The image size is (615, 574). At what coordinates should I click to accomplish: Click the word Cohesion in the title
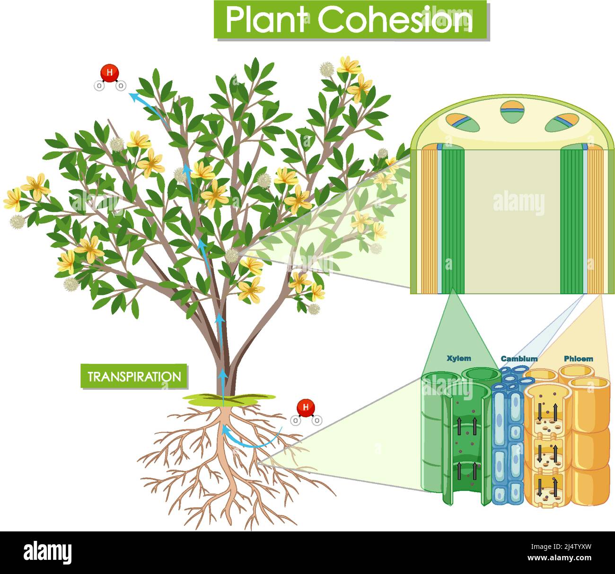pos(395,20)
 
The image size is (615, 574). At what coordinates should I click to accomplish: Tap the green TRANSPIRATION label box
pos(134,377)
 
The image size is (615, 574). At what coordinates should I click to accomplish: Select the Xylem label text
pos(458,358)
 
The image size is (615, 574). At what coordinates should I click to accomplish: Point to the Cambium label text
pos(519,359)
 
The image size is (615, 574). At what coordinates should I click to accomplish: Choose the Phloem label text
pos(578,359)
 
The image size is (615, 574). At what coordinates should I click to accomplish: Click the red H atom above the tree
pos(109,73)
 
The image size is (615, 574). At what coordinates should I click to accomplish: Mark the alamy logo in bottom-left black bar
pos(47,553)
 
